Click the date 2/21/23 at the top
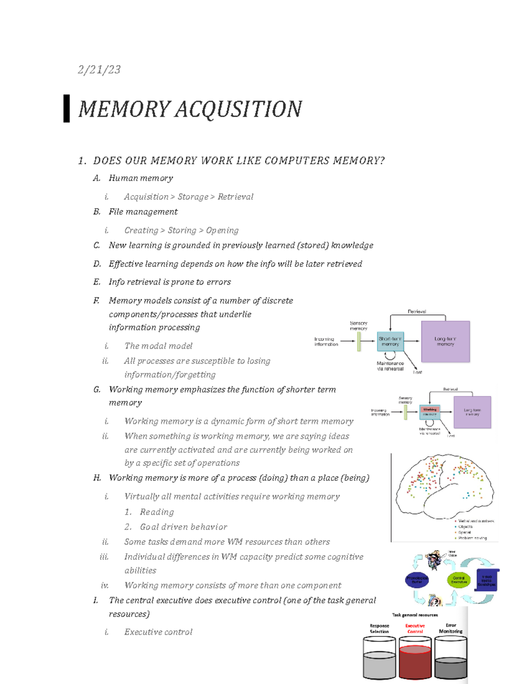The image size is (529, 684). [99, 70]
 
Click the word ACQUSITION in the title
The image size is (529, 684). [238, 109]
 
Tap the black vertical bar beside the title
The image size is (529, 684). [67, 108]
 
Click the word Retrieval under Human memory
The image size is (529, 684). [235, 197]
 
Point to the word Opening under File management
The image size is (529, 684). [222, 230]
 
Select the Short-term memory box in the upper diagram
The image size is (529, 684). [390, 341]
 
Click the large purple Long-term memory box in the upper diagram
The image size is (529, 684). [445, 341]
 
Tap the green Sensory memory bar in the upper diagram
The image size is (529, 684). [359, 341]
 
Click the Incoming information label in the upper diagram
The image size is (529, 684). [326, 342]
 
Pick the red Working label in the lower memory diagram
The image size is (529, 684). [430, 409]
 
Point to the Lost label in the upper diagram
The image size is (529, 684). [417, 372]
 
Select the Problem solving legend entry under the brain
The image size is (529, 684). [472, 538]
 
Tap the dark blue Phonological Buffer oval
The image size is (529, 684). [417, 580]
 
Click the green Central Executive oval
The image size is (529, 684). [459, 580]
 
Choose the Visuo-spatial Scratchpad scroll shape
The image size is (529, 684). [487, 580]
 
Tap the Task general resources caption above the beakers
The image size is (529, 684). [415, 615]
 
